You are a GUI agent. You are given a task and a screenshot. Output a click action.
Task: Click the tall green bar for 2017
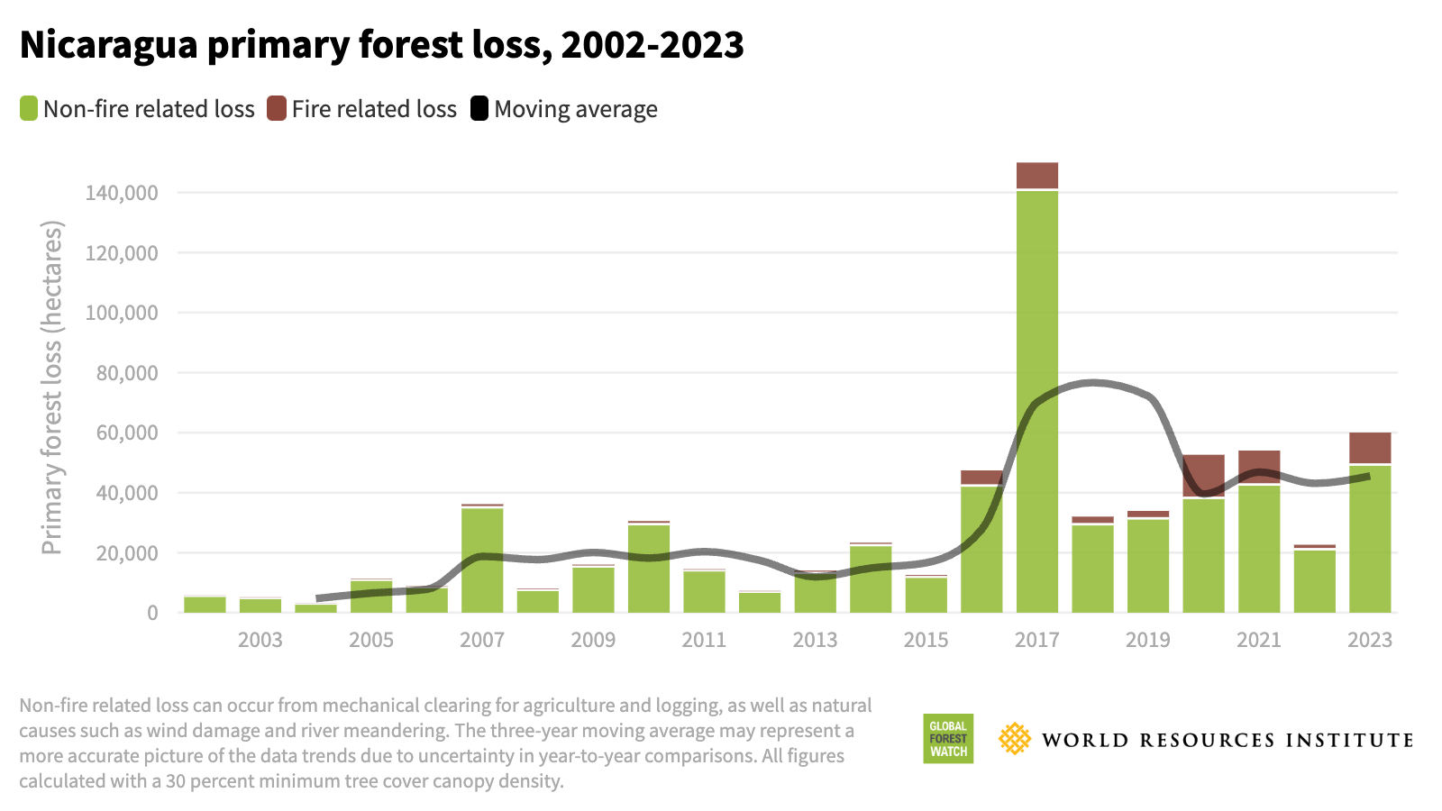[1037, 401]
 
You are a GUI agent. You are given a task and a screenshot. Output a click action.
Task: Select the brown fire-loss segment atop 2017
[1037, 176]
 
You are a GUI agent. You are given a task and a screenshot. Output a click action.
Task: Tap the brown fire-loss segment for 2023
[1370, 448]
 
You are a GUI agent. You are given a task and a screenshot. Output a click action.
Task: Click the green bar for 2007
[482, 560]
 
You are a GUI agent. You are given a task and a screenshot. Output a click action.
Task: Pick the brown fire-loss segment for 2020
[1203, 476]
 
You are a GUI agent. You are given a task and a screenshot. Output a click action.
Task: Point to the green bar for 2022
[1315, 580]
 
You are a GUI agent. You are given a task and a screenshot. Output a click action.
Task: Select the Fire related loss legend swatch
[277, 109]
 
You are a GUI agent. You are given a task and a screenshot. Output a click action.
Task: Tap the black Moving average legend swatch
[479, 109]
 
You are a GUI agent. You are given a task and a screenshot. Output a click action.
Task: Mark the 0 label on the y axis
[152, 613]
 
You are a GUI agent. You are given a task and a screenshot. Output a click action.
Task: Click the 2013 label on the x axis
[815, 640]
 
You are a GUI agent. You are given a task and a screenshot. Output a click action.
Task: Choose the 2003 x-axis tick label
[260, 640]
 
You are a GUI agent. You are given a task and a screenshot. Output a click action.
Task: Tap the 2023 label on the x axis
[1369, 640]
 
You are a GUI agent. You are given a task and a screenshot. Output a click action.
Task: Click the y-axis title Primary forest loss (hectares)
[51, 387]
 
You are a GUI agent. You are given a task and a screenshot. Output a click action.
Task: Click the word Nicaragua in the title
[108, 44]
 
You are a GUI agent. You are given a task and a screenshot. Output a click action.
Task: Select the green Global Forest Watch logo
[948, 739]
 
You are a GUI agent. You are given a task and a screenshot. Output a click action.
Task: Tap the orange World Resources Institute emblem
[1015, 739]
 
